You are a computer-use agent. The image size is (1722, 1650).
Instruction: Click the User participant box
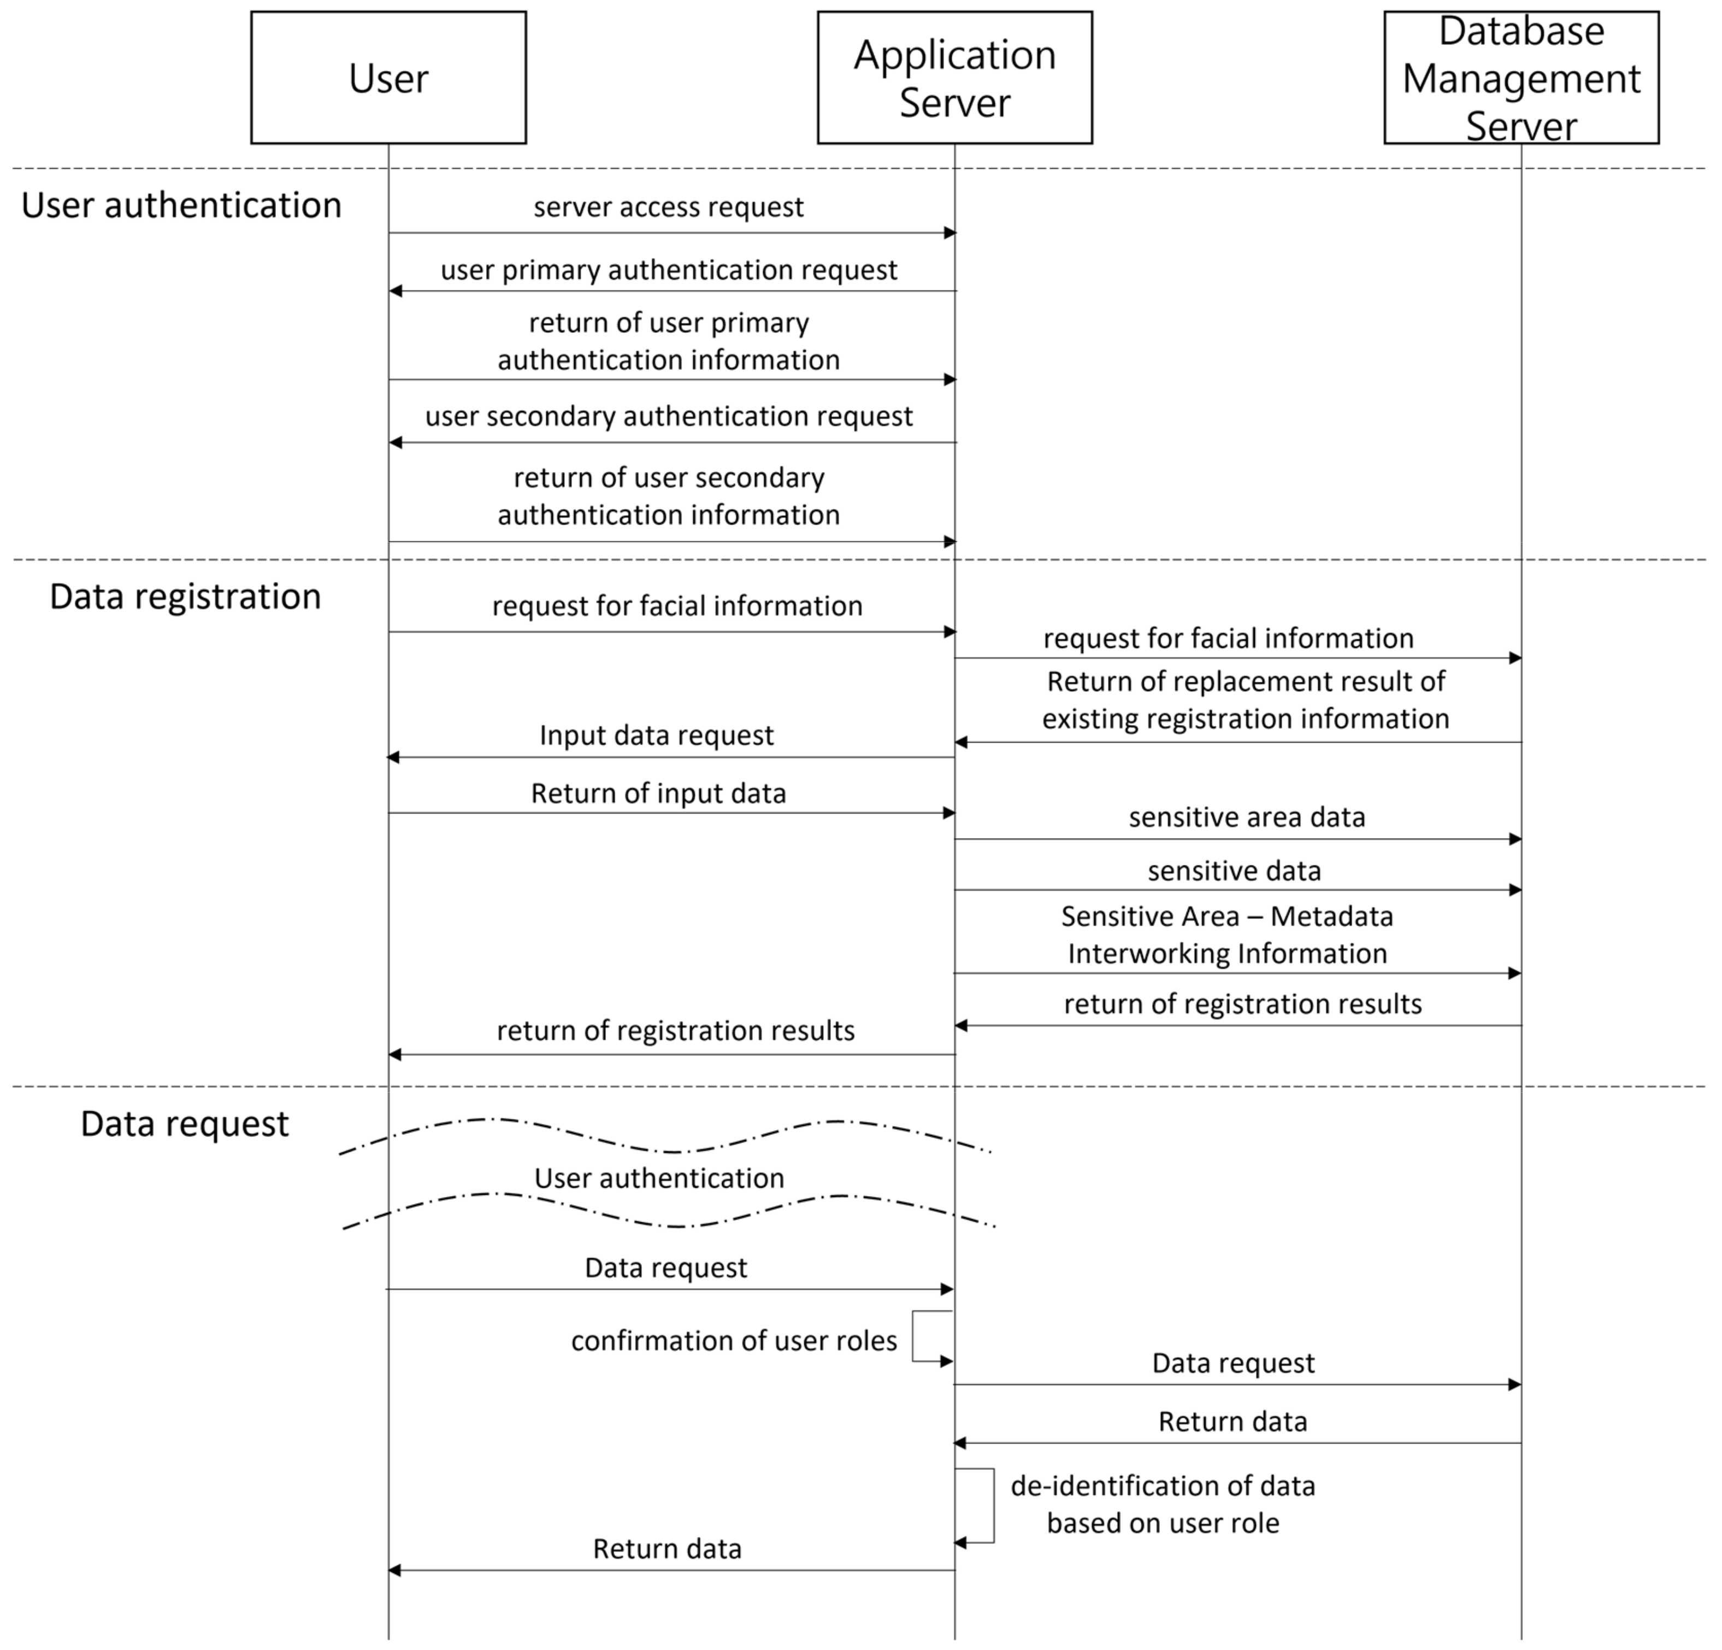pos(388,78)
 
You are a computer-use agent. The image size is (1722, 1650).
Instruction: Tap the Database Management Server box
pos(1521,78)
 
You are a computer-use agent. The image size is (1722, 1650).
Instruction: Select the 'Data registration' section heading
pos(185,597)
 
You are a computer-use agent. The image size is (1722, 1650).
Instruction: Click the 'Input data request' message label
pos(656,735)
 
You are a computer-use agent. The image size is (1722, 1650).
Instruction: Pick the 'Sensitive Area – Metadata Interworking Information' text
pos(1226,935)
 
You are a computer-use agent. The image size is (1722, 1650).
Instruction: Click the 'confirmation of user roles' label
pos(734,1341)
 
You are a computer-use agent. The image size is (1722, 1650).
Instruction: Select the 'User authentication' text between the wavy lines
pos(659,1178)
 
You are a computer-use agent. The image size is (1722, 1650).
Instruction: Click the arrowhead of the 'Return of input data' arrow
pos(949,812)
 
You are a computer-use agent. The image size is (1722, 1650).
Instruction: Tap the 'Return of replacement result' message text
pos(1245,700)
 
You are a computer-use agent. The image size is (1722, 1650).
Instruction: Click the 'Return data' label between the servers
pos(1232,1422)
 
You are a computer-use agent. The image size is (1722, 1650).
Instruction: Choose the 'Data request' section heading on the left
pos(185,1124)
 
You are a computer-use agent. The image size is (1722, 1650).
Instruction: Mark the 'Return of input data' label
pos(658,793)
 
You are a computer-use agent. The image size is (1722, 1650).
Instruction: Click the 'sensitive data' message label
pos(1234,871)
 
